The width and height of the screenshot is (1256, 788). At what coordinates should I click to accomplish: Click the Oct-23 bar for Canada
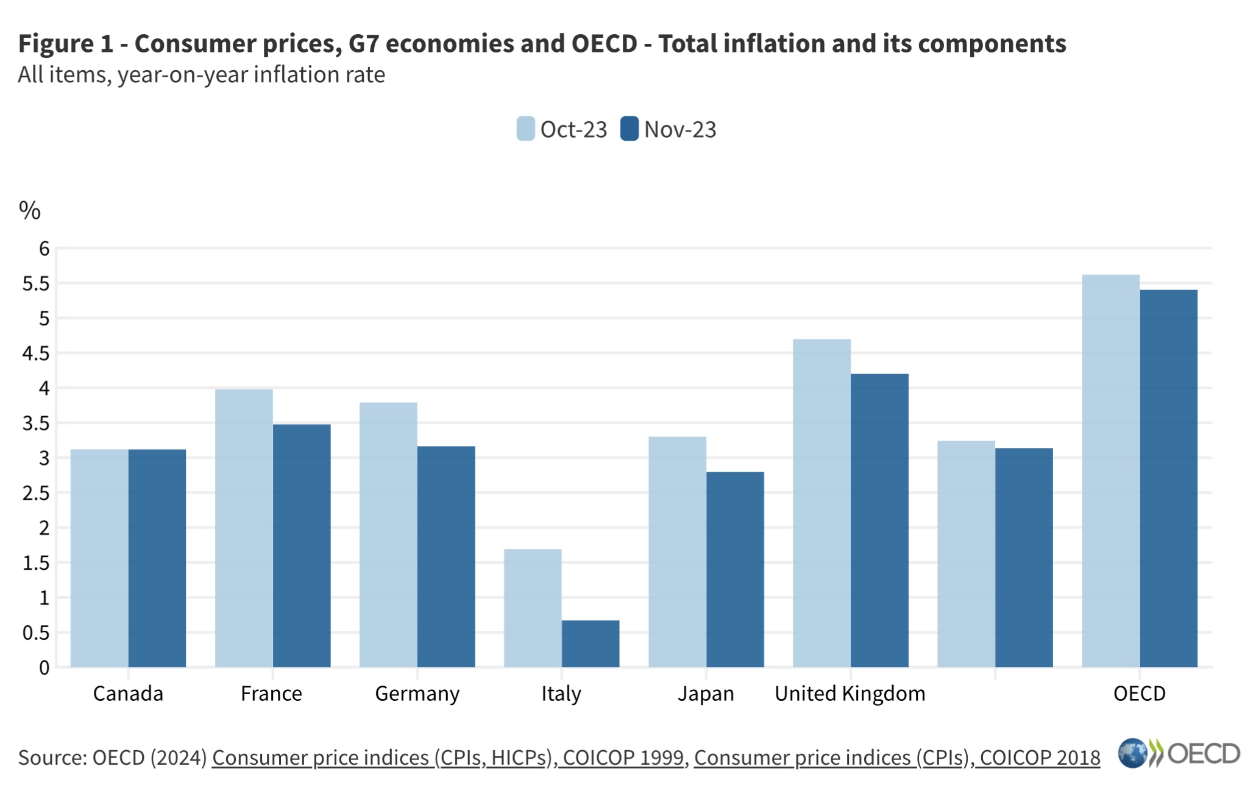pyautogui.click(x=99, y=558)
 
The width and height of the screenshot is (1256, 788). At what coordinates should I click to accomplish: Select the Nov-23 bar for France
pyautogui.click(x=302, y=545)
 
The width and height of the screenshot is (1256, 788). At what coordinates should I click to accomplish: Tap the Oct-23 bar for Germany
pyautogui.click(x=388, y=534)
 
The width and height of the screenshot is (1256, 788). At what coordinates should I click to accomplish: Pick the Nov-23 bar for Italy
pyautogui.click(x=591, y=644)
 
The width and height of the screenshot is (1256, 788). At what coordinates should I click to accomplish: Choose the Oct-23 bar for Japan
pyautogui.click(x=677, y=552)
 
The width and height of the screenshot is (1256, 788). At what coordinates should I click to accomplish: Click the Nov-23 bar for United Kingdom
pyautogui.click(x=879, y=520)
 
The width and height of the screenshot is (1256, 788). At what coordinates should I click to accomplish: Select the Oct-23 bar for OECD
pyautogui.click(x=1110, y=470)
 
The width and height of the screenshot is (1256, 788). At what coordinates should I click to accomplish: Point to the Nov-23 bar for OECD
pyautogui.click(x=1168, y=478)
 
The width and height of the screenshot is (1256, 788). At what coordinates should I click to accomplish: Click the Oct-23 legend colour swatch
pyautogui.click(x=525, y=129)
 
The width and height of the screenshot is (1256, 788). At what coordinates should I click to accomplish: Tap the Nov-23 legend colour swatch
pyautogui.click(x=629, y=129)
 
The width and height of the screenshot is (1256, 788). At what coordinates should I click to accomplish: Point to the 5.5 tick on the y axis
pyautogui.click(x=36, y=283)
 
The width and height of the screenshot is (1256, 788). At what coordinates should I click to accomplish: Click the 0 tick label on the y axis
pyautogui.click(x=44, y=667)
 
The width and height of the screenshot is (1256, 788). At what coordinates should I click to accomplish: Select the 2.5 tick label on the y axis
pyautogui.click(x=36, y=493)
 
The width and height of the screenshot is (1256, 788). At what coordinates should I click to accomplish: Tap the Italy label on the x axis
pyautogui.click(x=561, y=694)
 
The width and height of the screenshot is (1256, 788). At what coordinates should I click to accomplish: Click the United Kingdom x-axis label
pyautogui.click(x=850, y=694)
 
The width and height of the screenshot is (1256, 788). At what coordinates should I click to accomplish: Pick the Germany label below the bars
pyautogui.click(x=417, y=694)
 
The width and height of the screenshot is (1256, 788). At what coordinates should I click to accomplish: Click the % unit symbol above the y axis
pyautogui.click(x=29, y=210)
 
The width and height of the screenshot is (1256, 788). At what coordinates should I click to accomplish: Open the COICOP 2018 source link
pyautogui.click(x=896, y=758)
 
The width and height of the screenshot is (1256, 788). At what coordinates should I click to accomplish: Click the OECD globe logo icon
pyautogui.click(x=1132, y=753)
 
